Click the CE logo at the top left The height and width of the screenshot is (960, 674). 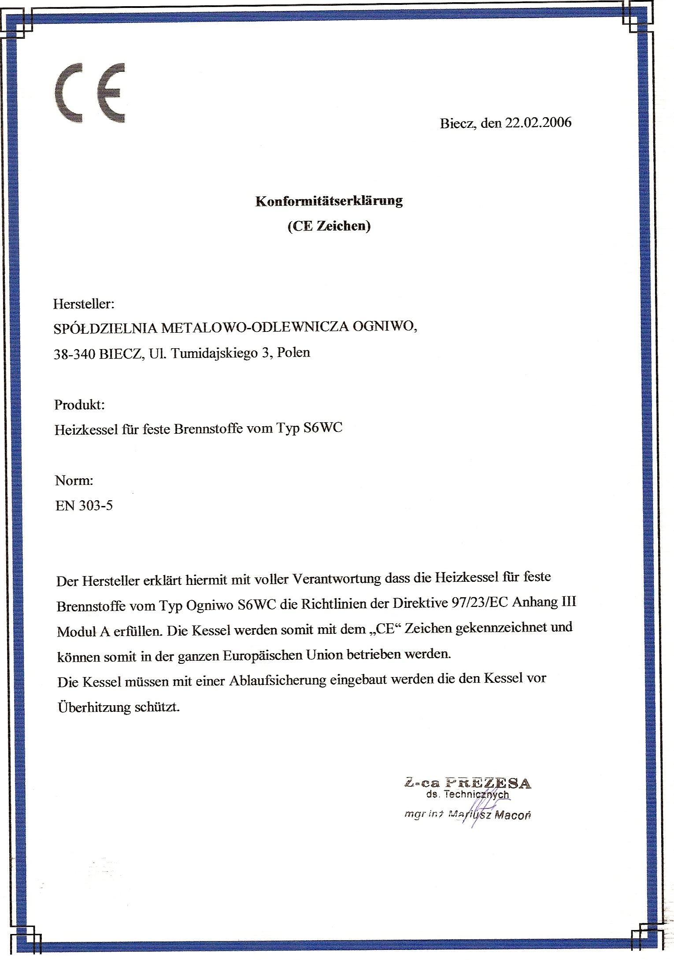tap(90, 93)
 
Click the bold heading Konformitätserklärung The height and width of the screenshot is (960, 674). tap(329, 201)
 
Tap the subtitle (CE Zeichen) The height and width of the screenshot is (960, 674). tap(329, 226)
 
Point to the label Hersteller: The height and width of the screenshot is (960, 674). tap(84, 304)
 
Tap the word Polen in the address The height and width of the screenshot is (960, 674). tap(293, 352)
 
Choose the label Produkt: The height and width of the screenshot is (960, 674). tap(80, 405)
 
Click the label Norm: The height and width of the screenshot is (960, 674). tap(74, 480)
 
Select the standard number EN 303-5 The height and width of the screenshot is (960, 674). tap(84, 505)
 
